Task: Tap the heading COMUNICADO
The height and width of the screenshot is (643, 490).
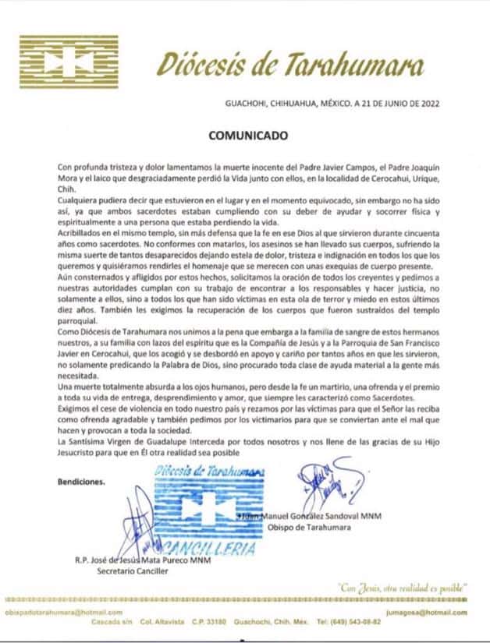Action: [247, 134]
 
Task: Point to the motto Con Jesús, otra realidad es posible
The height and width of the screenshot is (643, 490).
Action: [399, 585]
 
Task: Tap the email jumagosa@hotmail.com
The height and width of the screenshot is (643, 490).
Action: [437, 613]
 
